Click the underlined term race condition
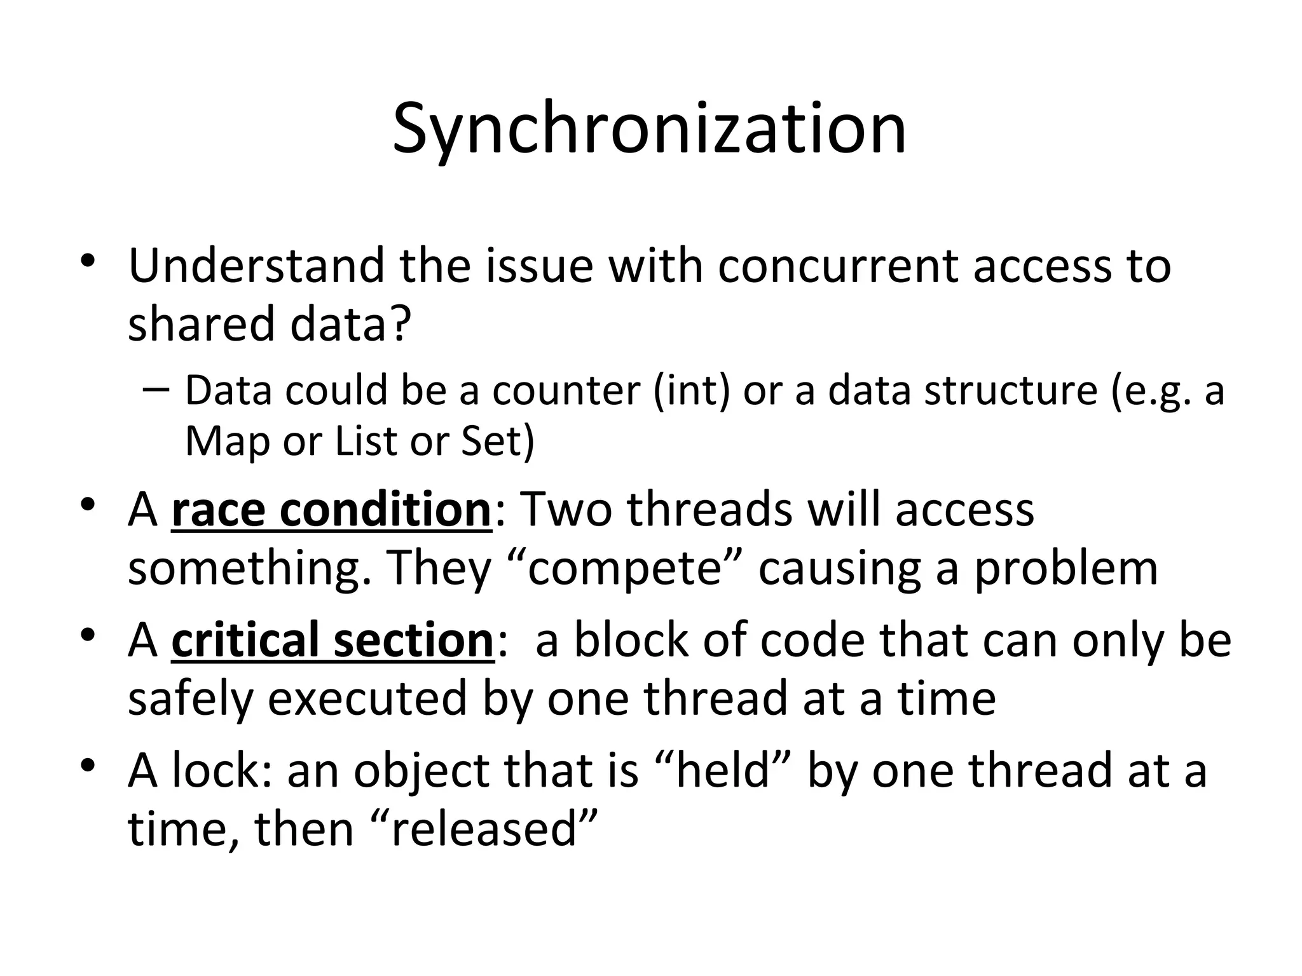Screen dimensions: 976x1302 click(331, 510)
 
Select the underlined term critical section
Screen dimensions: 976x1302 click(332, 640)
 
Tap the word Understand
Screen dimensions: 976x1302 click(256, 266)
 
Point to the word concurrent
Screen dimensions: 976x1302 click(839, 266)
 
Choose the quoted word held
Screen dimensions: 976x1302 click(723, 770)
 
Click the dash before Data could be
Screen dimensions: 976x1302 click(156, 389)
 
